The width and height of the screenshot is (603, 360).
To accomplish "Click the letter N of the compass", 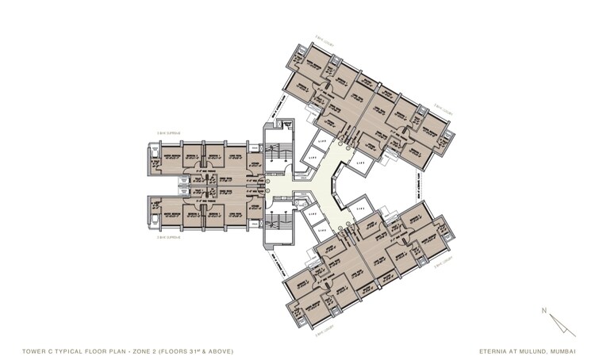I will [x=543, y=309].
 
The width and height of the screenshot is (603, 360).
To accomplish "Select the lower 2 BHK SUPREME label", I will [x=169, y=236].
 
